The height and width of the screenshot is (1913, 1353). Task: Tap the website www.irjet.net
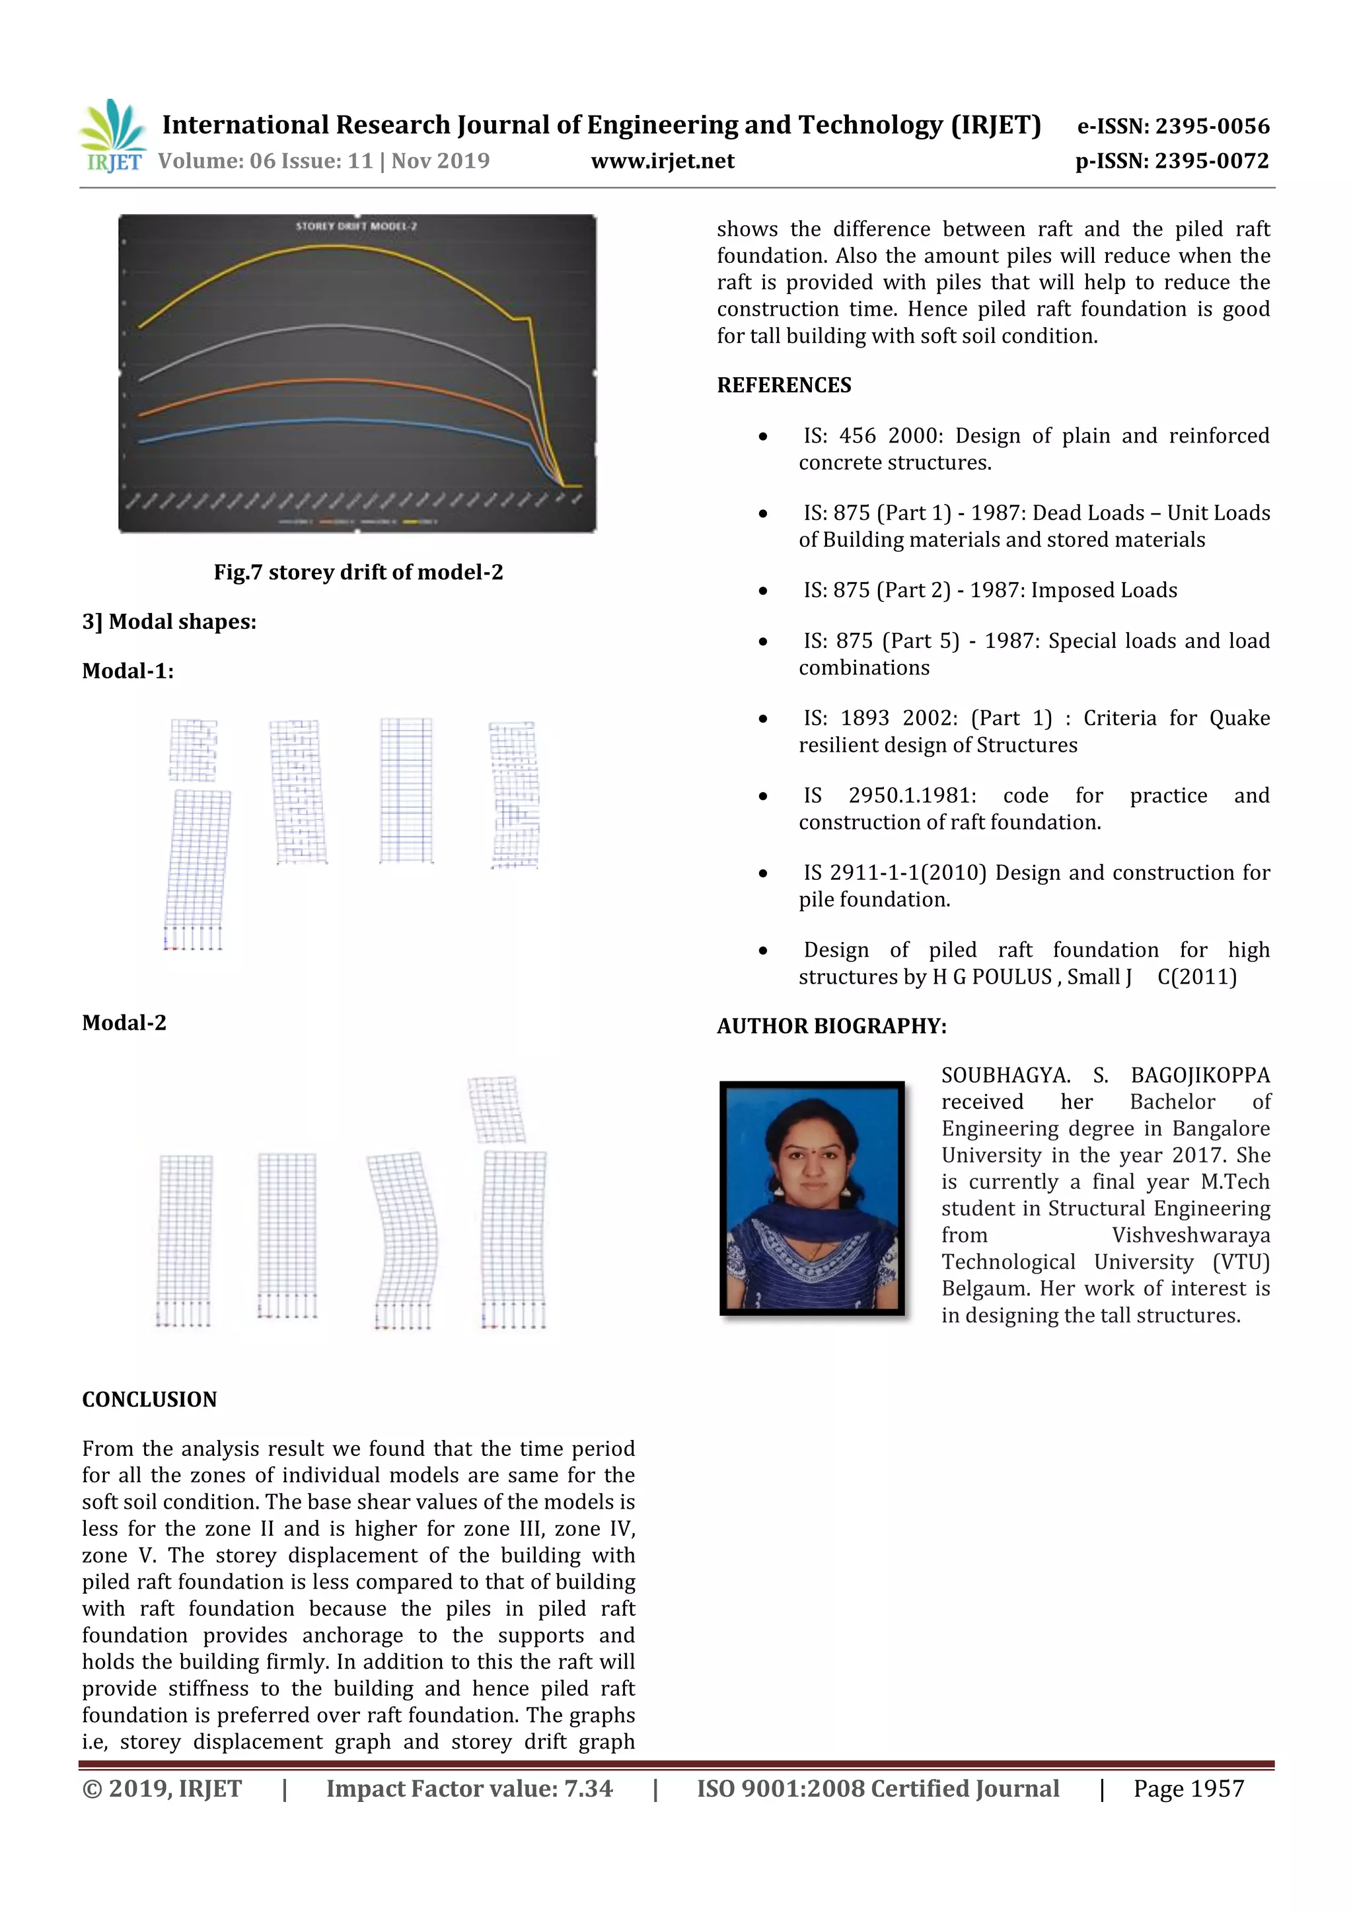pos(663,161)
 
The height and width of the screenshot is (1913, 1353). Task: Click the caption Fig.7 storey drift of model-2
pos(358,573)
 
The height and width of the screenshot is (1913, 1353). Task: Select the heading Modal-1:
pos(128,672)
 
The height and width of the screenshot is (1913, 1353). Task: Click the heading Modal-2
pos(124,1023)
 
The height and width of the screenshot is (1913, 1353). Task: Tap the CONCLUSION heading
pos(149,1400)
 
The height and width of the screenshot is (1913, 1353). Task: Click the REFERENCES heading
pos(784,386)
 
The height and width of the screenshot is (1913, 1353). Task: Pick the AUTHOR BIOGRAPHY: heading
pos(832,1027)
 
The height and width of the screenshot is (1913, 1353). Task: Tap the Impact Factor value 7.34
pos(587,1789)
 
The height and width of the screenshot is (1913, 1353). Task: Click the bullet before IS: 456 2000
pos(762,437)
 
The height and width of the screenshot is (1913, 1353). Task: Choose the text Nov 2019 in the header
pos(441,161)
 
